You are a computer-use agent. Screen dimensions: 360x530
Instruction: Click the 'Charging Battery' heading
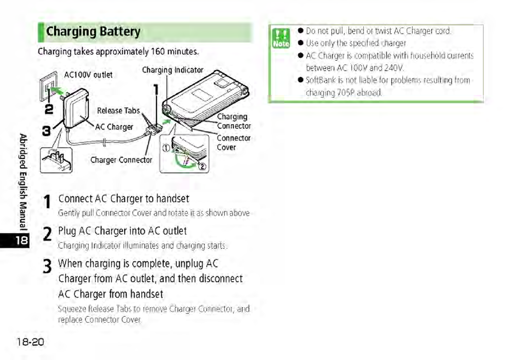coord(93,32)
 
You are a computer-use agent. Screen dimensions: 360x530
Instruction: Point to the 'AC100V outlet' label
coord(88,75)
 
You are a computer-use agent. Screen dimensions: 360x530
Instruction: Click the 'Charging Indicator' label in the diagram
coord(173,70)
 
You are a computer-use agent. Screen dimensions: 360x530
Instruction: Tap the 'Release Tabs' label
coord(118,110)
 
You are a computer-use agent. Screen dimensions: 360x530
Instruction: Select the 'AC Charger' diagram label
coord(114,127)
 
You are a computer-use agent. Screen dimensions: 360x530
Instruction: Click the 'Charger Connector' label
coord(121,160)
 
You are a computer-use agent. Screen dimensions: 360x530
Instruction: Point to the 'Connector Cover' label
coord(233,143)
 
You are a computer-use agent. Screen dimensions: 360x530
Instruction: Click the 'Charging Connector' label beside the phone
coord(233,121)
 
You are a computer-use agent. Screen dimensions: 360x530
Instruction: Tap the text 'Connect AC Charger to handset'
coord(124,199)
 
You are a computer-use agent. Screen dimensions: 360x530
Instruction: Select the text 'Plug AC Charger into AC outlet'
coord(122,231)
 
